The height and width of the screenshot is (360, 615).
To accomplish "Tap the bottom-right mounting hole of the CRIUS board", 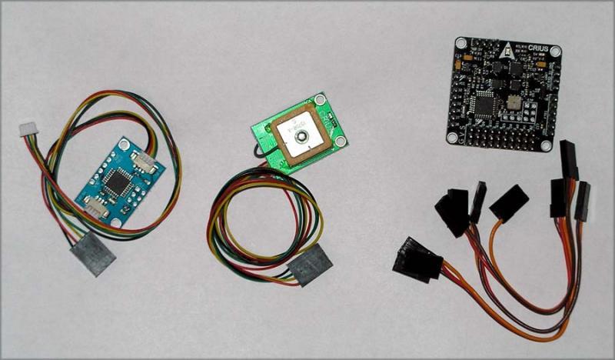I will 545,146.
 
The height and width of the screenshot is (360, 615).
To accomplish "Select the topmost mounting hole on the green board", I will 320,100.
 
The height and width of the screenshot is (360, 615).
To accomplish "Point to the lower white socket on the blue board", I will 95,207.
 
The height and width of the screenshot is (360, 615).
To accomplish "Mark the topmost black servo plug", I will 570,157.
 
